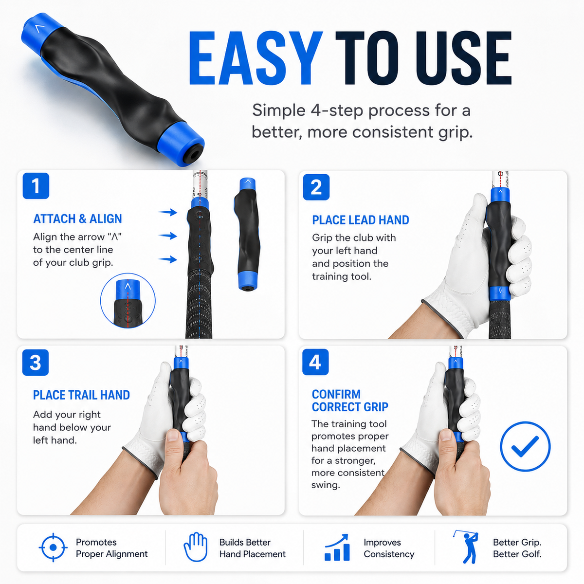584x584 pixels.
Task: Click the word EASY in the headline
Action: pos(255,58)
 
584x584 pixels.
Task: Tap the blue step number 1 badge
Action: pos(36,186)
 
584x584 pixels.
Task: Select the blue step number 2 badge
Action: pos(316,187)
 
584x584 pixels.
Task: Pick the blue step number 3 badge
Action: pos(36,363)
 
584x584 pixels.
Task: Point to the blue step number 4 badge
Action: pos(315,362)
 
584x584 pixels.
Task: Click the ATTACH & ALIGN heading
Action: pos(77,219)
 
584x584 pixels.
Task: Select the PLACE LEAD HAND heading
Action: pos(361,220)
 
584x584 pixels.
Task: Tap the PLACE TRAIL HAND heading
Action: pos(82,395)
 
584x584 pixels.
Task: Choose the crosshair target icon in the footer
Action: pos(54,547)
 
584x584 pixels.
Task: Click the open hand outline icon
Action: pos(196,547)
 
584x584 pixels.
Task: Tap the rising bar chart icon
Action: pos(337,547)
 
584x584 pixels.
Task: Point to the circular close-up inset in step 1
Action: pos(128,301)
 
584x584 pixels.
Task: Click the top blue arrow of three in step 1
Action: pos(167,212)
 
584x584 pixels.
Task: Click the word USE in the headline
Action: pos(464,58)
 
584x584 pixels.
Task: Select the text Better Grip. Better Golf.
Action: pos(517,548)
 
